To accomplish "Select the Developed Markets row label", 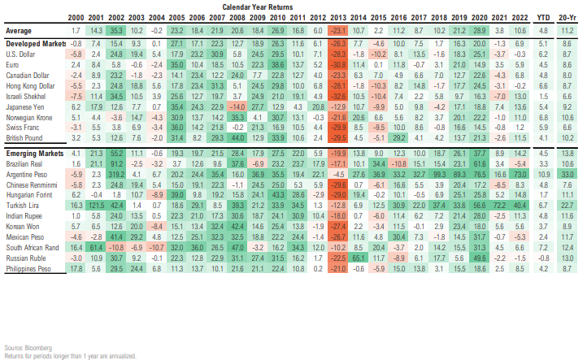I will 34,41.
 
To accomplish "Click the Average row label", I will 17,28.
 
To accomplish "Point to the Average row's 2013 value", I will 336,28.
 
